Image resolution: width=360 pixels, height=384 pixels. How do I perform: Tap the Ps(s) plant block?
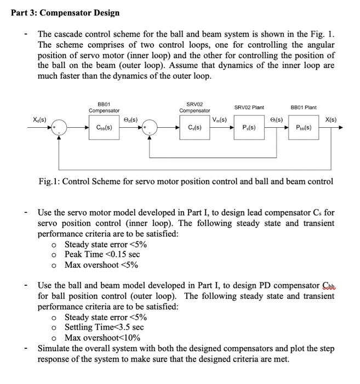pyautogui.click(x=251, y=129)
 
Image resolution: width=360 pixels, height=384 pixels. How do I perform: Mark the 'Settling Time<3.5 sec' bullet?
pyautogui.click(x=104, y=327)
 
